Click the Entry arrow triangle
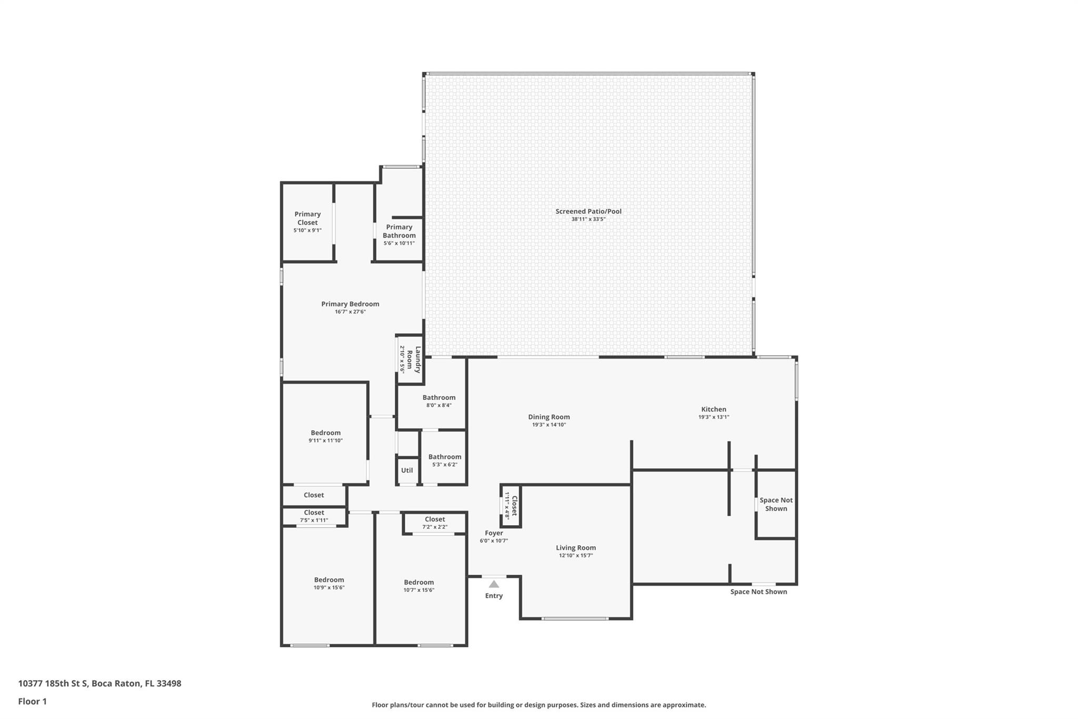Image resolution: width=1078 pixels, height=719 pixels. click(494, 584)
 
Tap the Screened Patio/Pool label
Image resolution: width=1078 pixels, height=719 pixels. click(588, 211)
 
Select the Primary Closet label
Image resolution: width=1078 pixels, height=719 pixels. click(307, 218)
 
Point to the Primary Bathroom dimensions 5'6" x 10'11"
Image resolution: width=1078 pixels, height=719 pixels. click(399, 243)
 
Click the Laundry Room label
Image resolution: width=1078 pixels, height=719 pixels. click(414, 359)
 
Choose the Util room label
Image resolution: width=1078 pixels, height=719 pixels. click(407, 470)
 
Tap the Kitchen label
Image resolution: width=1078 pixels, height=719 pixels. click(714, 409)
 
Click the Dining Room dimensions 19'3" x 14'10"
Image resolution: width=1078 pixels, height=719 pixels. click(549, 425)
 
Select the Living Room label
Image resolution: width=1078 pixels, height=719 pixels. click(576, 548)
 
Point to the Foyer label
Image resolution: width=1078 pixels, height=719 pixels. click(494, 533)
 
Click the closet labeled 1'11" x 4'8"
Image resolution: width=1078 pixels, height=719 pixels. click(511, 506)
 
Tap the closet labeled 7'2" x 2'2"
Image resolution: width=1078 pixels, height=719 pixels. click(435, 523)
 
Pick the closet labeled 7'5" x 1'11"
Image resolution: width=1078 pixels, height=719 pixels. click(314, 516)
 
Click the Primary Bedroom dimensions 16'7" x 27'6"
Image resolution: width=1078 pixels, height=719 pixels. click(351, 312)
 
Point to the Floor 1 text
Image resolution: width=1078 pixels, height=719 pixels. click(32, 701)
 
